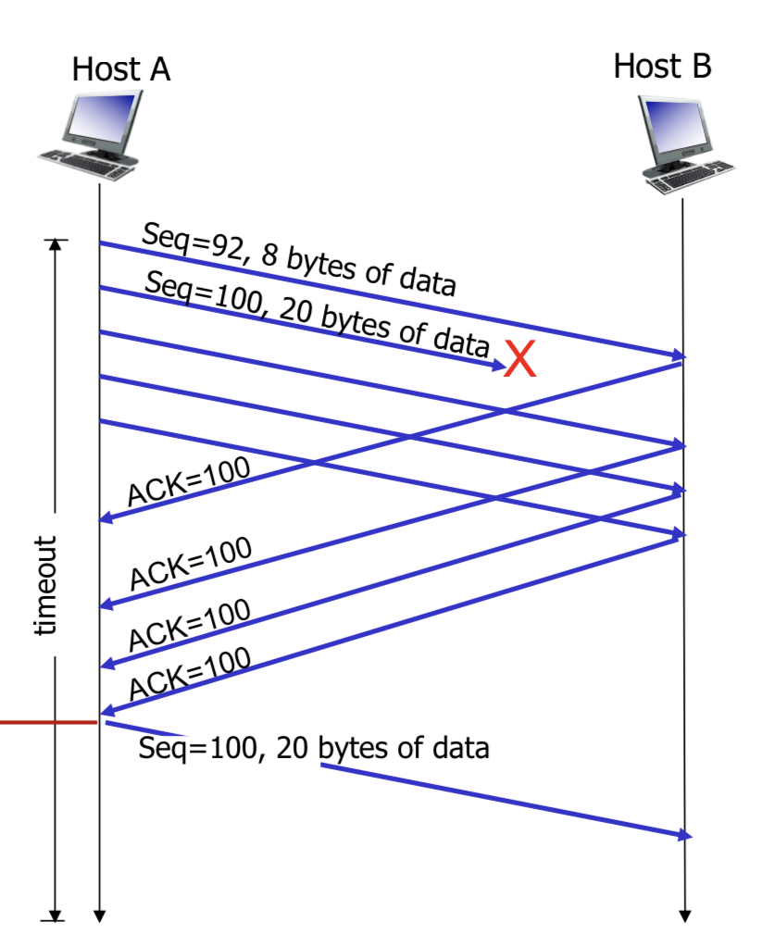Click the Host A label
coord(121,69)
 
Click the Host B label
coord(662,66)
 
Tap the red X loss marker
coord(520,360)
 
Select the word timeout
coord(45,585)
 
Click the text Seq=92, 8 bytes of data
coord(298,260)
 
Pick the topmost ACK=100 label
coord(188,482)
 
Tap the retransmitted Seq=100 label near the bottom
coord(313,747)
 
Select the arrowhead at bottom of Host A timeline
coord(99,917)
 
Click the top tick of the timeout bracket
coord(56,242)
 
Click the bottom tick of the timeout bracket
coord(56,918)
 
